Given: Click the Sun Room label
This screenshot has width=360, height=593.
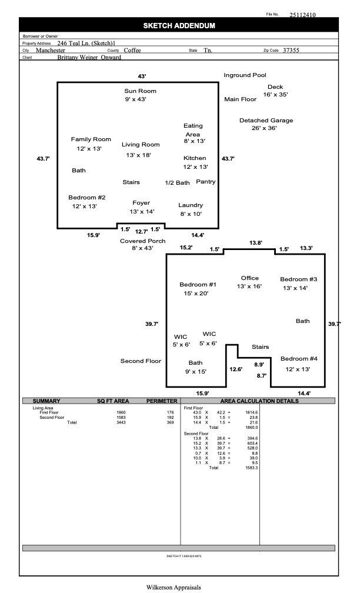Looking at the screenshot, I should pos(140,91).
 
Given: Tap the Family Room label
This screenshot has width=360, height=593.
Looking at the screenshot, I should pos(91,139).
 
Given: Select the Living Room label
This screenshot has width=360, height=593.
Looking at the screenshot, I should pos(141,145).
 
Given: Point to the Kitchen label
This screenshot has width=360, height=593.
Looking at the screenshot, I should pos(195,158).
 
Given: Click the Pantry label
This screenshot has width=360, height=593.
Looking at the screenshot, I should pos(206,182).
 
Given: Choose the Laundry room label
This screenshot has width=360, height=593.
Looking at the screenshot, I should pos(191,205).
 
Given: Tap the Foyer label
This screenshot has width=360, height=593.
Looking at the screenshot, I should pos(141,203).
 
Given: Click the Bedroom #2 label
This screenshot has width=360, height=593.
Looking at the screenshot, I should pos(86,198).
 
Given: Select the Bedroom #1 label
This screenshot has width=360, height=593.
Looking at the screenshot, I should pos(198,285).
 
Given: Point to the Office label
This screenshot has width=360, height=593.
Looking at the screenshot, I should pos(250,278).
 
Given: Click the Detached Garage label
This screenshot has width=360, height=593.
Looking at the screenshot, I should pos(266,121).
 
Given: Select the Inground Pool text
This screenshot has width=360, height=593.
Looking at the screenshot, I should pos(245,75).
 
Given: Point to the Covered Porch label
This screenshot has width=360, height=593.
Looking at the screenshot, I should pos(142,241).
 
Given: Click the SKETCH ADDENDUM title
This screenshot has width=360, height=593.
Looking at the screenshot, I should pos(179,26).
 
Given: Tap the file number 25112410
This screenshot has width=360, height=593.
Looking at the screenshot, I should pos(302,15).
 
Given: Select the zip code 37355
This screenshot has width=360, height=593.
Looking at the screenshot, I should pos(291,51).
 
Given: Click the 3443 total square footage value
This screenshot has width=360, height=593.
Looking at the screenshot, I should pos(121,422).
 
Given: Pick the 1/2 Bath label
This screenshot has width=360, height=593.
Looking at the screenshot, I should pos(177,183).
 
